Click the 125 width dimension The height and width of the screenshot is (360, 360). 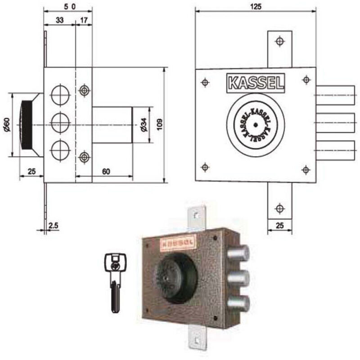255,6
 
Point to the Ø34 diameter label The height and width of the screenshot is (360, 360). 144,125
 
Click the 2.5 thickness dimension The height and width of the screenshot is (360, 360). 53,225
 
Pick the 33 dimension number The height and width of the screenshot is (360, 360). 59,20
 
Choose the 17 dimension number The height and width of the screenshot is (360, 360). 84,20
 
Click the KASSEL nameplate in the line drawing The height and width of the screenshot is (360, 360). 256,83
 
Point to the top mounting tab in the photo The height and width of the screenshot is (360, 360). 196,218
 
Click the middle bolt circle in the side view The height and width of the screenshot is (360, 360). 60,121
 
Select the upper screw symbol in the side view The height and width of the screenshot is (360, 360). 84,90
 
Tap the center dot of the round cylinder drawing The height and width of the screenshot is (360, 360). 255,125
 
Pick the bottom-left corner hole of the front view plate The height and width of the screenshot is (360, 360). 205,167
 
